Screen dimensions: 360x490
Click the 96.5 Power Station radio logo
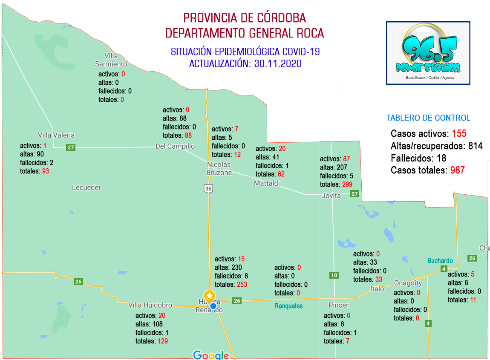coord(428,53)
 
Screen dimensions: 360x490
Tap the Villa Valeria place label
coord(56,135)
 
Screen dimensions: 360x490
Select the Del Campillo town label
coord(175,146)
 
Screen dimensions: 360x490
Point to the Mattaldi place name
coord(267,183)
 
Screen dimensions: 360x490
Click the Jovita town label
coord(331,196)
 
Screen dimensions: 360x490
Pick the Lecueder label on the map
coord(86,187)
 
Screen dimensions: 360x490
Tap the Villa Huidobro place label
coord(150,305)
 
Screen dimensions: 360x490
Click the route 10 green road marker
coord(334,275)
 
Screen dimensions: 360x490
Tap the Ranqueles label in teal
coord(288,306)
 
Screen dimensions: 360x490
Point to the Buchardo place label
coord(440,261)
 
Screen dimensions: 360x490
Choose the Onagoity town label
coord(408,283)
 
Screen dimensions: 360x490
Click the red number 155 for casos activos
coord(459,133)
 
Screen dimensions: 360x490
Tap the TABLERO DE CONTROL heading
coord(428,118)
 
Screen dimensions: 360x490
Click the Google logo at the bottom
coord(211,355)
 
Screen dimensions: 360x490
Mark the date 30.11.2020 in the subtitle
coord(278,63)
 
